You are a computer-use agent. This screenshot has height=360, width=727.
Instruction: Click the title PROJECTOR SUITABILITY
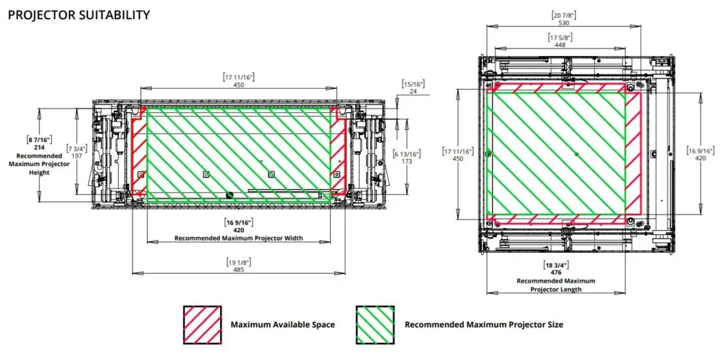[x=79, y=14]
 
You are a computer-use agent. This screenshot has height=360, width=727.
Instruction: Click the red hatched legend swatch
[x=202, y=324]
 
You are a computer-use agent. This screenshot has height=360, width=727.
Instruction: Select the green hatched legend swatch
[x=375, y=324]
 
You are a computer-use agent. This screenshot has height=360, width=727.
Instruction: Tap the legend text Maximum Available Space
[x=283, y=324]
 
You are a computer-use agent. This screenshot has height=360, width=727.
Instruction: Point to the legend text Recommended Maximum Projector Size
[x=483, y=324]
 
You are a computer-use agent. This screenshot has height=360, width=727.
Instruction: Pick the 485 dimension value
[x=239, y=271]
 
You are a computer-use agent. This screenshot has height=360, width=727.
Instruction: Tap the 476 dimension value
[x=557, y=272]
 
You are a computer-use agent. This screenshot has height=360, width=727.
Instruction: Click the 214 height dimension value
[x=40, y=147]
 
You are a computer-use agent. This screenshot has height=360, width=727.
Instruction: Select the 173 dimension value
[x=407, y=162]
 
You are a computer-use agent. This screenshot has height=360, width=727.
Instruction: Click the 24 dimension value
[x=412, y=91]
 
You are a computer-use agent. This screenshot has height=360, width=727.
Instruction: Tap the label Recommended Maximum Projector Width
[x=239, y=239]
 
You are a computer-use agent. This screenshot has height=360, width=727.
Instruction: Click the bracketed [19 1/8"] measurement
[x=239, y=263]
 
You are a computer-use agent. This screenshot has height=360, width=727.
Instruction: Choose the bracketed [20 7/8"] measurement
[x=565, y=15]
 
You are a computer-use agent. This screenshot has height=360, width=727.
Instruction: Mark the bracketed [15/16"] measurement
[x=412, y=83]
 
